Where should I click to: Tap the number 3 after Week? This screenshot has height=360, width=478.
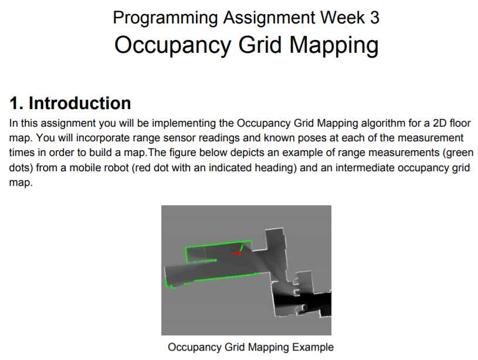pos(375,18)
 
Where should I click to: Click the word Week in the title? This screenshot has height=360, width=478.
pos(342,18)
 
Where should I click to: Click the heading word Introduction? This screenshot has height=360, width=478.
pos(80,103)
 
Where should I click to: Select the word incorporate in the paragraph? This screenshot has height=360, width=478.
pos(103,138)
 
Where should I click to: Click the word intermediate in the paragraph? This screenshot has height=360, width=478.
pos(365,168)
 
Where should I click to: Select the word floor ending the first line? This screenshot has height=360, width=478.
pos(460,123)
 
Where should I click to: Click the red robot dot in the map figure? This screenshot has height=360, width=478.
pos(240,253)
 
